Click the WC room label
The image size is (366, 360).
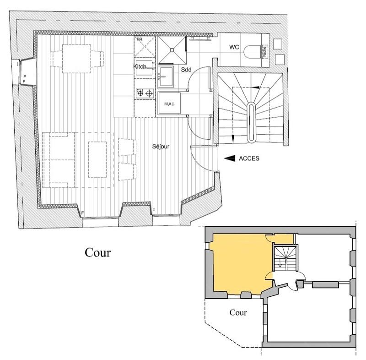tap(234, 47)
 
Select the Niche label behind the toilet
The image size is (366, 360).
tap(264, 51)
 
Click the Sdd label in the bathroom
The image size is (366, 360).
tap(186, 69)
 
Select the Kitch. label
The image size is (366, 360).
tap(140, 67)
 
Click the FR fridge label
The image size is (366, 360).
tap(139, 39)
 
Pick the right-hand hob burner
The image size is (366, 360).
tap(149, 94)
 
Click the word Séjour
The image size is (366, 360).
tap(161, 147)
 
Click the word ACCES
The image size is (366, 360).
tap(249, 158)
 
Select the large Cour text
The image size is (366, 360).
tap(97, 252)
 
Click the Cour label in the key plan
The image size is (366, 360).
tap(238, 313)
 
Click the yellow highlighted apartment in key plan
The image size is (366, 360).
tap(238, 266)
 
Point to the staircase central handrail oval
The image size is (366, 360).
tap(251, 122)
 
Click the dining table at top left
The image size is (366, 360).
tap(76, 58)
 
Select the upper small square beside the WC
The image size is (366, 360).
tap(277, 44)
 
